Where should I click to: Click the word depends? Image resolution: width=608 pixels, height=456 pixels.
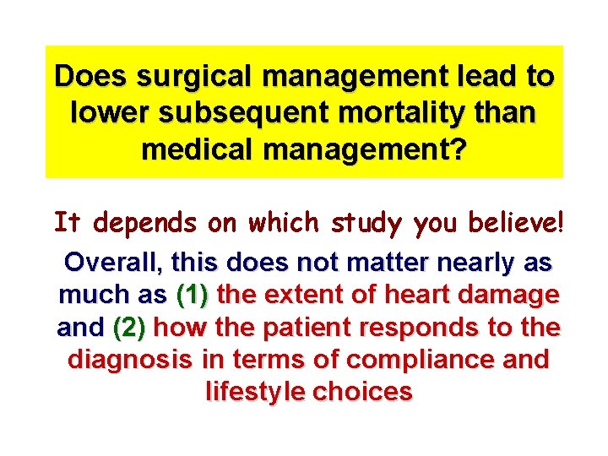[x=144, y=223]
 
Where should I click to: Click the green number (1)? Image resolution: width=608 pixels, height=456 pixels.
[x=196, y=295]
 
